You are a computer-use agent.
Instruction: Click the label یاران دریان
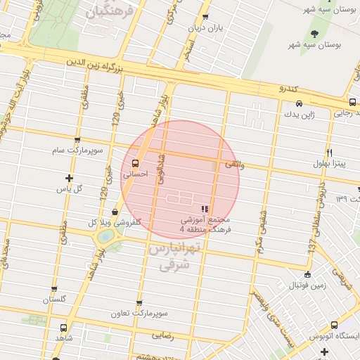[204, 28]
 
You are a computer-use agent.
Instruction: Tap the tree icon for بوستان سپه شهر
[314, 34]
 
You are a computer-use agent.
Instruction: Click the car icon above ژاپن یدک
[299, 103]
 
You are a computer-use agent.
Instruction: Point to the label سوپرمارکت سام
[77, 150]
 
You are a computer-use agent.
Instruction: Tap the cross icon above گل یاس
[69, 178]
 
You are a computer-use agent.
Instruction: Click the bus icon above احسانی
[135, 164]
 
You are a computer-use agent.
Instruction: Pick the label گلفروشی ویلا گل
[113, 221]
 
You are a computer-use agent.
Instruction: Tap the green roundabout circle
[105, 238]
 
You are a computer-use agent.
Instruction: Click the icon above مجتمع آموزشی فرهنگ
[205, 208]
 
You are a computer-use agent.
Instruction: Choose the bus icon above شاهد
[64, 328]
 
